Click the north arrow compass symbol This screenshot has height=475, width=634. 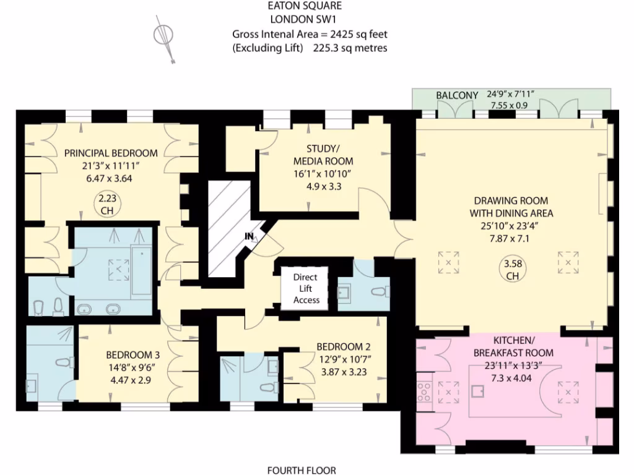[x=165, y=38]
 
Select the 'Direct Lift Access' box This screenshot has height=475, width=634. [x=306, y=289]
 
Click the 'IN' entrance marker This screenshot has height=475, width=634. [x=249, y=236]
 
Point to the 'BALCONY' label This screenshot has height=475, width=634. [x=457, y=95]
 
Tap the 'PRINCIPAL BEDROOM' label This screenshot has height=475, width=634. [x=111, y=153]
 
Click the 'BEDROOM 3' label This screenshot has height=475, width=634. [x=132, y=355]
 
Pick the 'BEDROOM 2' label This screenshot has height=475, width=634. [x=343, y=346]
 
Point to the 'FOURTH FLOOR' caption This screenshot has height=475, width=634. [x=302, y=470]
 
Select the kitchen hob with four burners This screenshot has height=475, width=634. [x=425, y=392]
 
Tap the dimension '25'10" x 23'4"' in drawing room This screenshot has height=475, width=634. [x=511, y=225]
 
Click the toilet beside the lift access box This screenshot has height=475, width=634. [x=377, y=292]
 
